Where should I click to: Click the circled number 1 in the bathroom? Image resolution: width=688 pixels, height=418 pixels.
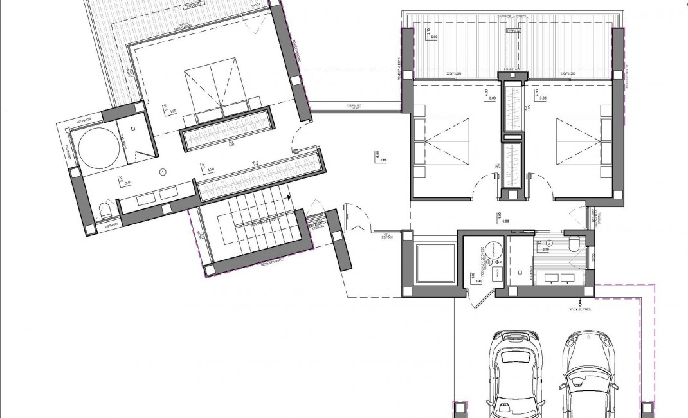point(163,172)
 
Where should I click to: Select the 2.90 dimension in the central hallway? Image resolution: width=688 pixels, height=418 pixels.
point(383,159)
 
